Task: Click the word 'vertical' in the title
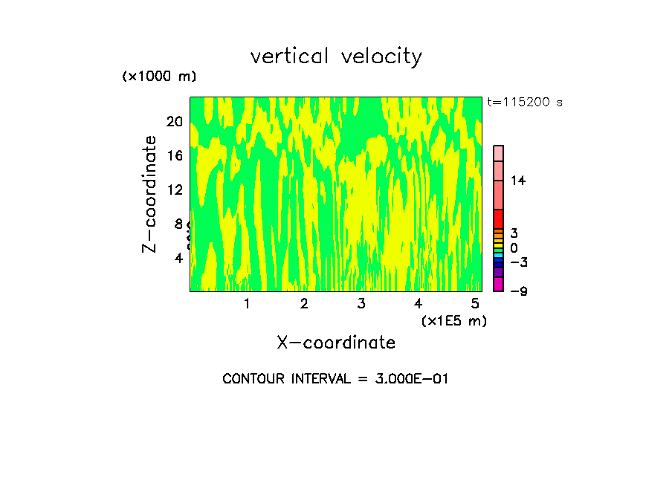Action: pos(291,56)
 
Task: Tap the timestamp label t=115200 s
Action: pos(525,103)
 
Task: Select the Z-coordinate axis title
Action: pos(150,194)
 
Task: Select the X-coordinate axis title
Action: pos(336,343)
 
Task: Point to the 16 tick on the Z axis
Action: pos(175,155)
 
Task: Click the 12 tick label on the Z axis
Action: pos(175,189)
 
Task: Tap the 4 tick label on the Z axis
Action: pos(178,258)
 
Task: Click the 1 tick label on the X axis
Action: pos(247,304)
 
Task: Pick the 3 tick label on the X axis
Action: pos(361,304)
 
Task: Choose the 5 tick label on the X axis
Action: pos(475,304)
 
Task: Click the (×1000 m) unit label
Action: pos(159,77)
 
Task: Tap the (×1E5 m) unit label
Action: pos(454,321)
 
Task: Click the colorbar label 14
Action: pos(519,181)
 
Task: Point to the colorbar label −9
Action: pos(519,291)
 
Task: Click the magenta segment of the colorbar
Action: pos(499,285)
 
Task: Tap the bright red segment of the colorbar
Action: pos(499,218)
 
